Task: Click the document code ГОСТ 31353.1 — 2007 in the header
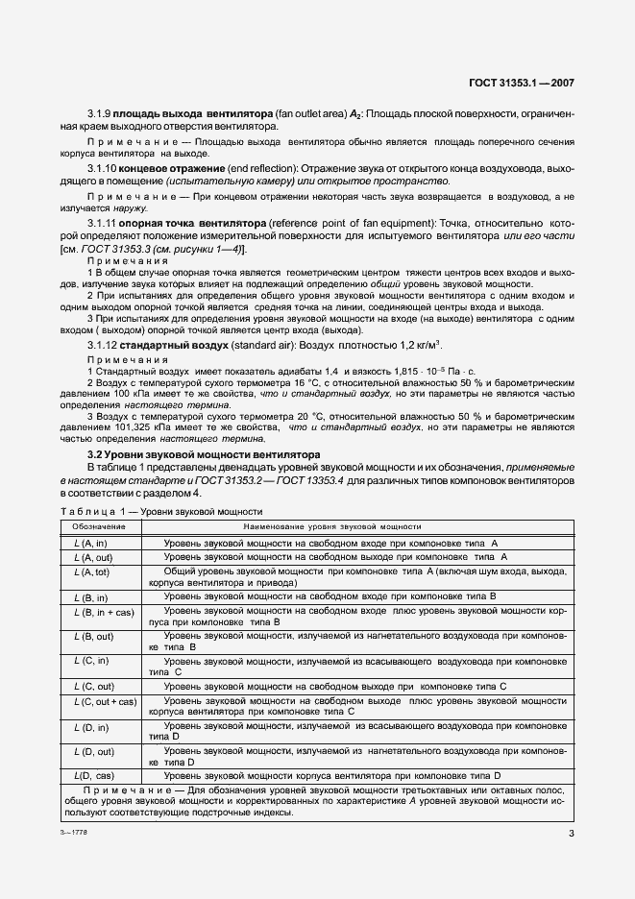519,84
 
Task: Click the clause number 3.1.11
104,223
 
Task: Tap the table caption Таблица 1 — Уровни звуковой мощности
160,512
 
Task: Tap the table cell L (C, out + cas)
105,701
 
